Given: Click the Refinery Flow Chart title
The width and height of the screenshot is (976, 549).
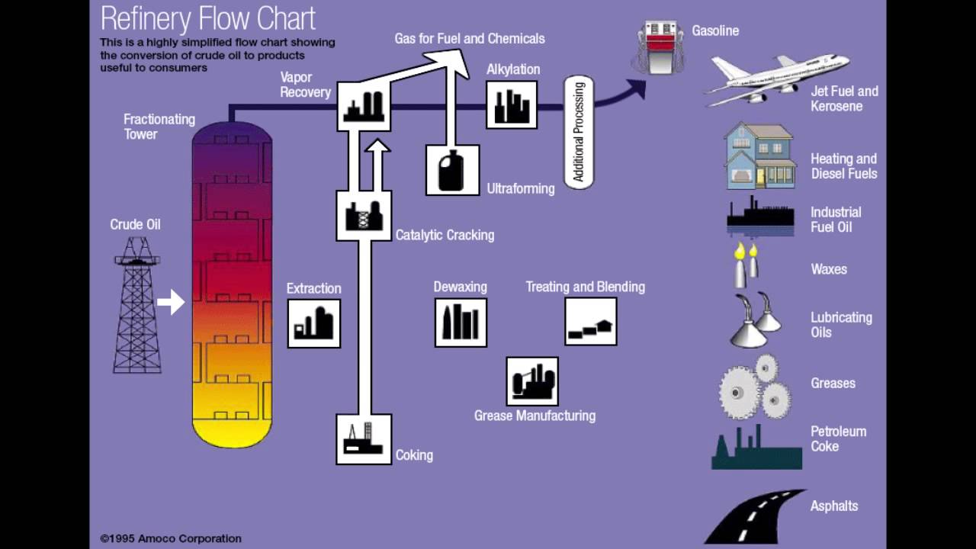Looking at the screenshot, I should [207, 18].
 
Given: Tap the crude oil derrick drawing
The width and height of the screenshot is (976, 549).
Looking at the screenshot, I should [137, 305].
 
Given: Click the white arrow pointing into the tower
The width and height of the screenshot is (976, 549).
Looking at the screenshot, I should [171, 302].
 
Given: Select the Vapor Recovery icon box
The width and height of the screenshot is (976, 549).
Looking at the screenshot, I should [364, 105].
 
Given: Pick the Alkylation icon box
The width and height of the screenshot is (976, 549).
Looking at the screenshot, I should [512, 105].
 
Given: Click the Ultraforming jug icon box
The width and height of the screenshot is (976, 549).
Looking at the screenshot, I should [452, 170].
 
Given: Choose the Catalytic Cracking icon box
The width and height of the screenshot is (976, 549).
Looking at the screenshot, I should [364, 216].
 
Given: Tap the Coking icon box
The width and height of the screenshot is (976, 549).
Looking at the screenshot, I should [364, 439].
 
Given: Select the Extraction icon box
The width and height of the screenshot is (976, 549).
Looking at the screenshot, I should [313, 323].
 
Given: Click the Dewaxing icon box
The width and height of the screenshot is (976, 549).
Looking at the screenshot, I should [461, 323].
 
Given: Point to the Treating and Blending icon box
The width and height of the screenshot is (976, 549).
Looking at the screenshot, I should [591, 322].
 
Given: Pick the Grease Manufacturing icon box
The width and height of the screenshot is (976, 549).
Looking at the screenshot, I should [532, 381].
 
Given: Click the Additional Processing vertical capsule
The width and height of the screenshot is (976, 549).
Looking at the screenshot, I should [578, 133].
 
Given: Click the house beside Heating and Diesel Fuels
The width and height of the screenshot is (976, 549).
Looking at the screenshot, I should [759, 156].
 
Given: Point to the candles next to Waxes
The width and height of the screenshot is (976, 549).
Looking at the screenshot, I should [746, 265].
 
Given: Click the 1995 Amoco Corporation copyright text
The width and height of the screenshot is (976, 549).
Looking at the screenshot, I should [171, 538].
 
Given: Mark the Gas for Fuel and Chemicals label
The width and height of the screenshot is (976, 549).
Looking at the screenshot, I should [470, 38].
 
